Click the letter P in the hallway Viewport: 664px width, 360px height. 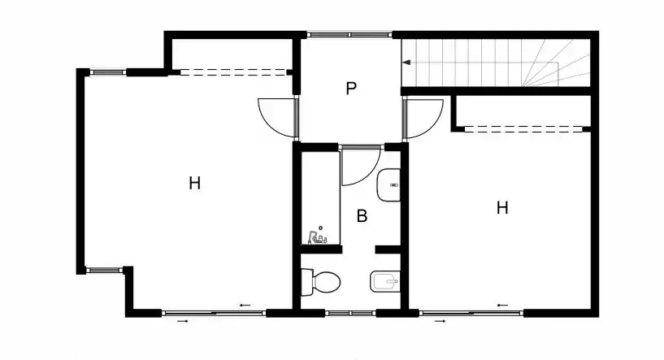tap(351, 89)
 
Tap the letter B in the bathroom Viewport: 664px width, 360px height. tap(362, 216)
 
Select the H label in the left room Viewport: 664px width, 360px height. tap(194, 184)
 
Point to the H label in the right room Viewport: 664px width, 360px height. tap(502, 208)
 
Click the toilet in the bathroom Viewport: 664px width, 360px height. tap(320, 281)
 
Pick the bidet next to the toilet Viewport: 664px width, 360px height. tap(384, 281)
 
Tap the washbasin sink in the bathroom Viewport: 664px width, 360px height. tap(388, 185)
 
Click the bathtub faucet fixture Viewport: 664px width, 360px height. tap(318, 237)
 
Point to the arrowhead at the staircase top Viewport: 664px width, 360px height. tap(406, 63)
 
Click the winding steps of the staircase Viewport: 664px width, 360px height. tap(556, 63)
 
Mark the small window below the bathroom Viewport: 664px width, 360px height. tap(350, 314)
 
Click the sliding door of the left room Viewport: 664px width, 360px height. tap(214, 314)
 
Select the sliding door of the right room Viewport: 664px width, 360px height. tap(471, 314)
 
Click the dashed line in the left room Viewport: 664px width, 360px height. tap(234, 72)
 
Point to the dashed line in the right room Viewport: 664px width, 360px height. tap(523, 128)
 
